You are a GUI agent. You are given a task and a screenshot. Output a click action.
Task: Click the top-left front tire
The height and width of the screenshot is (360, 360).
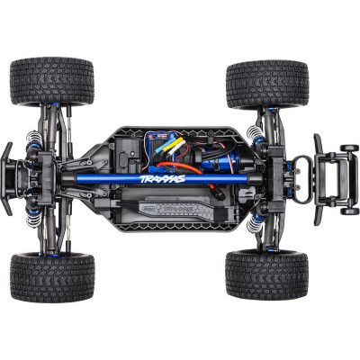[51, 83]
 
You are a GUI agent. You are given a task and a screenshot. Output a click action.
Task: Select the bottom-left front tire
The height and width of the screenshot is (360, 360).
[51, 276]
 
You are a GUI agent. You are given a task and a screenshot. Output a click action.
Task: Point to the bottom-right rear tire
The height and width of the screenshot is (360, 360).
[266, 274]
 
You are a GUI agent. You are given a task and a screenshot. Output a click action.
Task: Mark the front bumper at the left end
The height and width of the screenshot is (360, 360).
[6, 180]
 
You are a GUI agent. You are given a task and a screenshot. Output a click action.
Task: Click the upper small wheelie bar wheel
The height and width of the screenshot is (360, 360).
[348, 148]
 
